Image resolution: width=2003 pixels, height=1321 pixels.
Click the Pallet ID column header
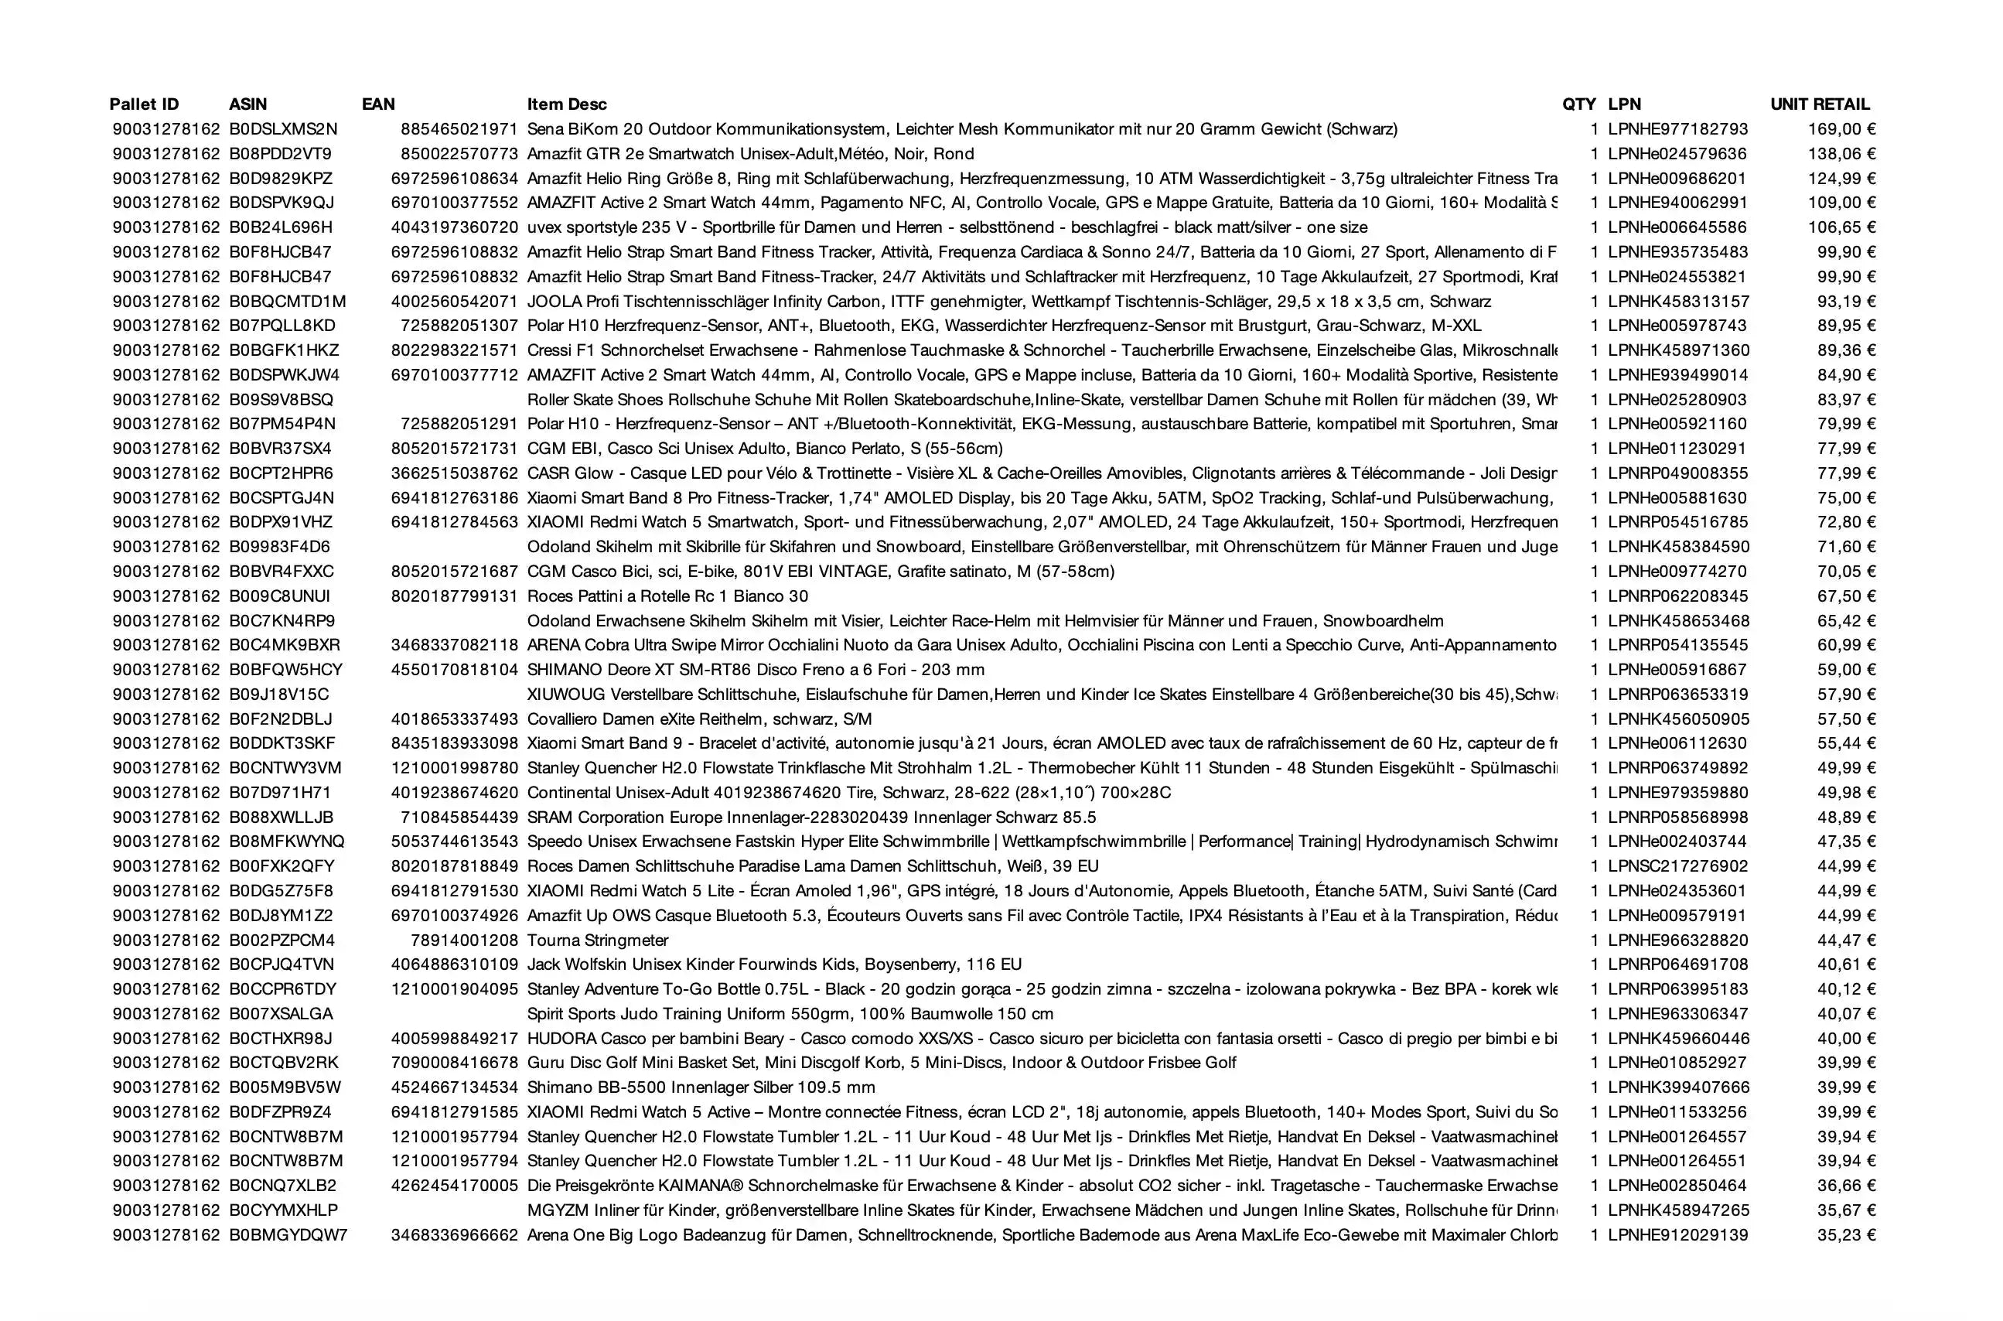click(x=144, y=104)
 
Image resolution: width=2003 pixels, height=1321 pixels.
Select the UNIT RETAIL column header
click(x=1820, y=104)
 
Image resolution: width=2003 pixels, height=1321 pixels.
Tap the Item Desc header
click(x=567, y=104)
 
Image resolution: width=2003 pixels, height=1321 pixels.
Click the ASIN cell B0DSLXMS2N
click(x=283, y=130)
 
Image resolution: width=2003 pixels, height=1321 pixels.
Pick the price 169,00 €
click(x=1841, y=130)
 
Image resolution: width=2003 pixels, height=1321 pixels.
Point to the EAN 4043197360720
click(x=455, y=227)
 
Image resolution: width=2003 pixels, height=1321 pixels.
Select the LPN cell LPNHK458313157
click(x=1678, y=302)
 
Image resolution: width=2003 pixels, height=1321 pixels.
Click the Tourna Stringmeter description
click(x=598, y=940)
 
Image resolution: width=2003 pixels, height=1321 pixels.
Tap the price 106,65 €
click(x=1841, y=227)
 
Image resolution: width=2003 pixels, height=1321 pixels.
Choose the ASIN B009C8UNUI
click(x=280, y=596)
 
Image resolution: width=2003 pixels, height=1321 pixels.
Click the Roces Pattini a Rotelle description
click(x=668, y=596)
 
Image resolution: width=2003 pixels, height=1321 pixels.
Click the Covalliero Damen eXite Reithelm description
click(x=699, y=719)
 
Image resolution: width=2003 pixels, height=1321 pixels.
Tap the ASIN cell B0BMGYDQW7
click(x=288, y=1235)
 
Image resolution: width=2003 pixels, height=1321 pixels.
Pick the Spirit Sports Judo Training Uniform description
click(x=790, y=1013)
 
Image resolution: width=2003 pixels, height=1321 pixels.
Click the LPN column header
click(x=1624, y=104)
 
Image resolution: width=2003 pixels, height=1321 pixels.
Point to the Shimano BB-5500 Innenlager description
click(x=701, y=1087)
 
